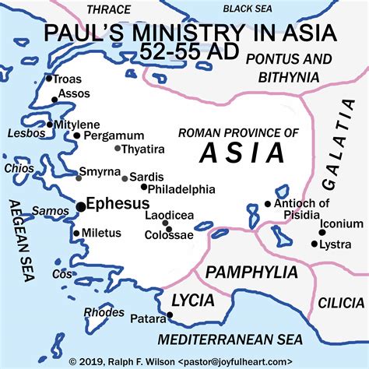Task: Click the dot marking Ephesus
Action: [81, 206]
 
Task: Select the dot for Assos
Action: [54, 100]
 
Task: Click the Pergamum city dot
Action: [77, 135]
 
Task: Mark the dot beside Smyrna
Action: [78, 178]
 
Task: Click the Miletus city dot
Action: [76, 233]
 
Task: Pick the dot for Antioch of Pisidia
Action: [268, 204]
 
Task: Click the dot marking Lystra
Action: [315, 244]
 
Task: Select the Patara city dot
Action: [170, 315]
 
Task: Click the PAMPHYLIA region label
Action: [251, 272]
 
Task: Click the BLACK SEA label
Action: [250, 9]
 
